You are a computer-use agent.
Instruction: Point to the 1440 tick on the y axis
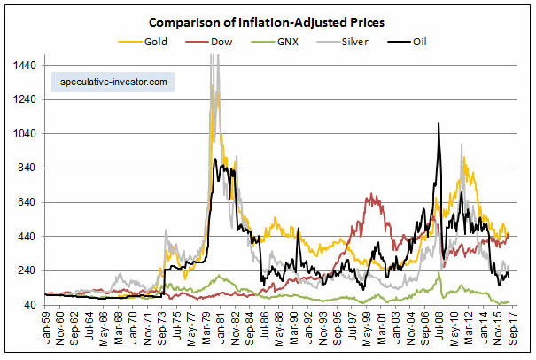pyautogui.click(x=27, y=65)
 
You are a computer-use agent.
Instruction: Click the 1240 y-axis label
pyautogui.click(x=27, y=99)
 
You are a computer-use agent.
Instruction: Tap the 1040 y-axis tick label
pyautogui.click(x=27, y=134)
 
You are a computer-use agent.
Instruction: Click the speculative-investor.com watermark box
pyautogui.click(x=113, y=82)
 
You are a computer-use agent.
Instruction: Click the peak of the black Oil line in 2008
pyautogui.click(x=439, y=124)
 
